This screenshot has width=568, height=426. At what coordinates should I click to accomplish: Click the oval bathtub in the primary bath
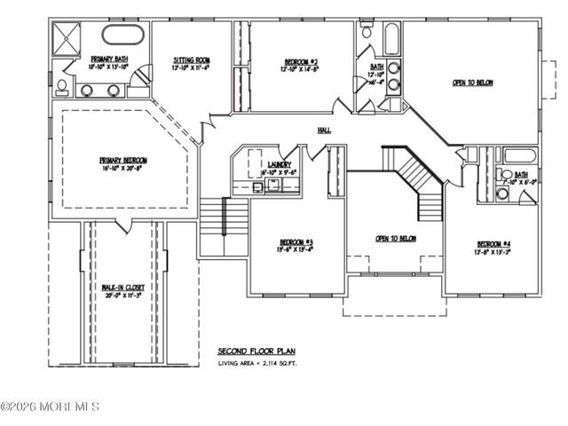click(122, 35)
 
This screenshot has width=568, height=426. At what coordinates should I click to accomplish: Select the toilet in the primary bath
click(61, 86)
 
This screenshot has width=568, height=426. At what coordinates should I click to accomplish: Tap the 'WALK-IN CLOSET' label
click(122, 288)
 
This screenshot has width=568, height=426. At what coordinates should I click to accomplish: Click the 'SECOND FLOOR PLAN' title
click(255, 351)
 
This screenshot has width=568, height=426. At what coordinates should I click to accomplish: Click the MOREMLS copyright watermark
click(50, 406)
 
